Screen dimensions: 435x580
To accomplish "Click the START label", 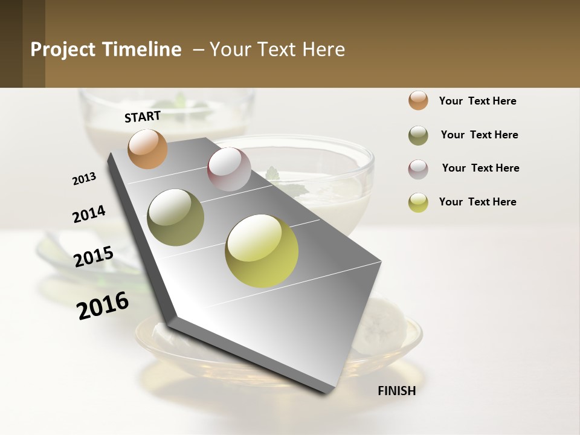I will (143, 117).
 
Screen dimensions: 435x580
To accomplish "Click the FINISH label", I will (396, 391).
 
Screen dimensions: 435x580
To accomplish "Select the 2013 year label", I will (84, 179).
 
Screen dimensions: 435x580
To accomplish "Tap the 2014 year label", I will (89, 214).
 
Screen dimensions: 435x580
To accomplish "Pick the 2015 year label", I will (94, 257).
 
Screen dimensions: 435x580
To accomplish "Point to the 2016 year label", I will (103, 306).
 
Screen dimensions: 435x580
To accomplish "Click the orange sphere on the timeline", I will (147, 149).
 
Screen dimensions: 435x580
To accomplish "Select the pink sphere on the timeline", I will (229, 169).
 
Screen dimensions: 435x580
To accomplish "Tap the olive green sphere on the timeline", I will (176, 217).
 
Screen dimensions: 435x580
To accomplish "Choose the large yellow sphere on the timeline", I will (262, 251).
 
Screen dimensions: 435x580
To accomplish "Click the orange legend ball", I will (418, 100).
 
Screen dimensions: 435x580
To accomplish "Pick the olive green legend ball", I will (418, 135).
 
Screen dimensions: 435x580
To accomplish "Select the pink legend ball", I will (418, 169).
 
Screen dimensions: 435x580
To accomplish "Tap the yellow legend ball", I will (418, 202).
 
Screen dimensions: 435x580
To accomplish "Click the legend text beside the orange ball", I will (477, 101).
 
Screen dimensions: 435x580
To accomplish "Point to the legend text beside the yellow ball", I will (477, 202).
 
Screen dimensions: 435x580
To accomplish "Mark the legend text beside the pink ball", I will (480, 168).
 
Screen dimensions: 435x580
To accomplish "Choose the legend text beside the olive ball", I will (479, 135).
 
